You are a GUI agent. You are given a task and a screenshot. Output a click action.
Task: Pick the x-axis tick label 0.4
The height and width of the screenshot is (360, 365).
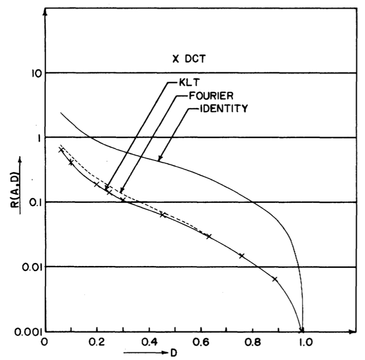[x=149, y=342]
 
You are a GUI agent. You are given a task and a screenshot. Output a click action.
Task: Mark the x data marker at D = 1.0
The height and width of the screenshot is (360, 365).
[x=301, y=330]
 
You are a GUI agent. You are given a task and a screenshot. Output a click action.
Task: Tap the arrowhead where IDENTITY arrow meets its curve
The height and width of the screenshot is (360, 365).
[x=160, y=160]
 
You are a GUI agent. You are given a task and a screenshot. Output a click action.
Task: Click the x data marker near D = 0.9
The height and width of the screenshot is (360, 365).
[x=275, y=279]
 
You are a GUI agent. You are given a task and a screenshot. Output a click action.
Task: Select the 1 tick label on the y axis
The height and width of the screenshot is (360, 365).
[x=37, y=138]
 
